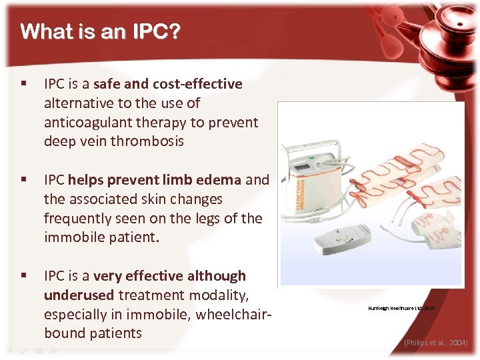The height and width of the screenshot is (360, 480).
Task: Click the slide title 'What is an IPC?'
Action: click(100, 32)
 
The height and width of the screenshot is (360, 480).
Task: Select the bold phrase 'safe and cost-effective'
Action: click(168, 84)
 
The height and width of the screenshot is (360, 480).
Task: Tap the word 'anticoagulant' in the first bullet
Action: click(85, 123)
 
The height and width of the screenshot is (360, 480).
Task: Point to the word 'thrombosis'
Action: click(147, 141)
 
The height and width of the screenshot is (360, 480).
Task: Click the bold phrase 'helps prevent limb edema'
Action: click(154, 180)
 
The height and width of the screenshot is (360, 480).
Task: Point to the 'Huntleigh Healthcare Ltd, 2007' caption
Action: click(401, 309)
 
